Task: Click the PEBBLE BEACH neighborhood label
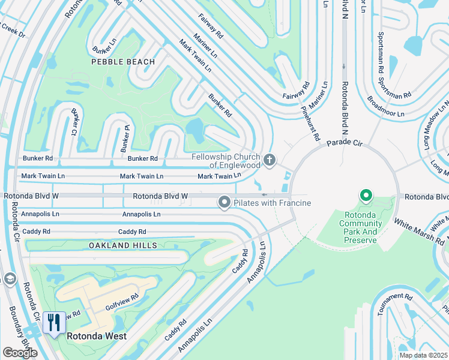[123, 62]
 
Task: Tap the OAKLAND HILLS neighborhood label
[123, 245]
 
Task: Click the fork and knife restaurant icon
[55, 323]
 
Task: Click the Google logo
[20, 353]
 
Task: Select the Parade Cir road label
[346, 143]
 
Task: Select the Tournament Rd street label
[391, 304]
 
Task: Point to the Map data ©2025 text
[423, 355]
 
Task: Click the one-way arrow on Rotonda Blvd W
[265, 195]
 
